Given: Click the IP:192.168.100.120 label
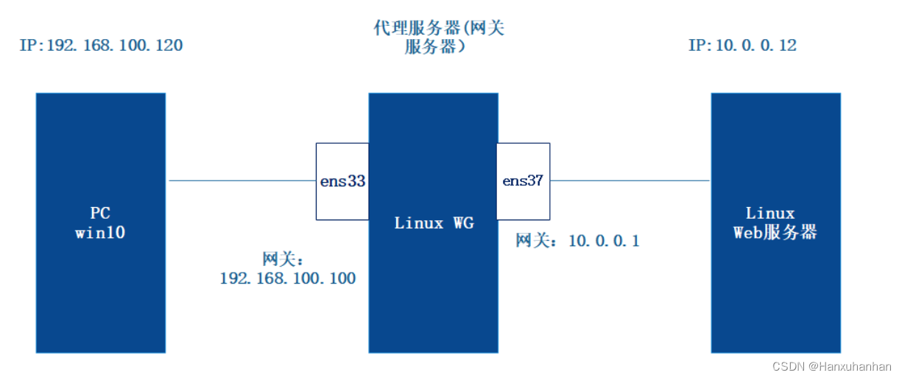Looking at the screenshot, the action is click(x=101, y=46).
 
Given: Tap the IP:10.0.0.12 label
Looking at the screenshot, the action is click(x=742, y=46).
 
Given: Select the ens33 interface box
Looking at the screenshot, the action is click(x=342, y=181).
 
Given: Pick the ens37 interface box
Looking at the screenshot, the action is click(x=523, y=181).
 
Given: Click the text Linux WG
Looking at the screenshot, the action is click(x=434, y=223).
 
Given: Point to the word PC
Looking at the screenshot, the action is click(x=100, y=214).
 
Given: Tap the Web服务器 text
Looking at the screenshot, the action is click(x=775, y=233).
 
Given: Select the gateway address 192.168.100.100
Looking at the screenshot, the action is click(x=288, y=279).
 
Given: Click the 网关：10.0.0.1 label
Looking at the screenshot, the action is click(x=577, y=241).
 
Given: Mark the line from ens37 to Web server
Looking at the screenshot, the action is click(x=630, y=181).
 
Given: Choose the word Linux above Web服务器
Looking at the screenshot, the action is click(x=770, y=214).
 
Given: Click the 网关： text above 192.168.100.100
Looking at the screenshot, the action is click(x=283, y=259).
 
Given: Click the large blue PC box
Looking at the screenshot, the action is click(x=100, y=295).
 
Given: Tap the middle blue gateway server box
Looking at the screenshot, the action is click(x=433, y=295).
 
